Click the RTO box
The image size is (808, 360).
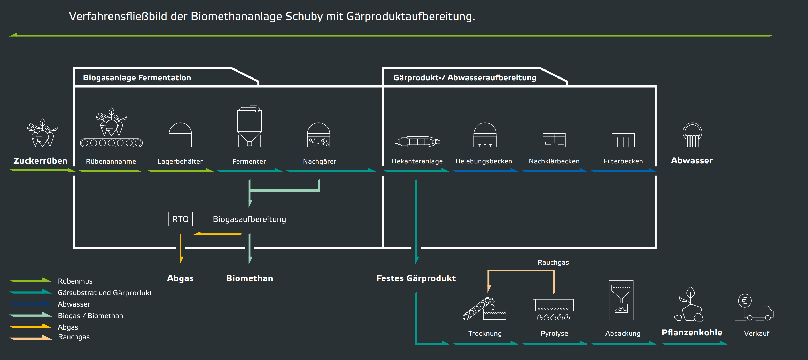click(180, 219)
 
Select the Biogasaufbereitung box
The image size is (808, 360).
click(249, 219)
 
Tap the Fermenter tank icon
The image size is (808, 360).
click(249, 126)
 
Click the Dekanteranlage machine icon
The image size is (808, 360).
click(416, 142)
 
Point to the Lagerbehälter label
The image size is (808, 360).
click(180, 161)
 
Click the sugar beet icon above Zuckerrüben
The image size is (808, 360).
click(42, 133)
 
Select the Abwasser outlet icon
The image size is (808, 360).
click(692, 135)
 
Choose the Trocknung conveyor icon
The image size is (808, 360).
click(484, 309)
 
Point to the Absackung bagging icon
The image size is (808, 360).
click(621, 300)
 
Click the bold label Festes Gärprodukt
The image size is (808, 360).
click(416, 278)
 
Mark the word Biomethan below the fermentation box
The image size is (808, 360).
click(249, 278)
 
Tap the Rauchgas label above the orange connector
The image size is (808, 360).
click(553, 262)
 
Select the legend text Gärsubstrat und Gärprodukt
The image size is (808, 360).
click(105, 293)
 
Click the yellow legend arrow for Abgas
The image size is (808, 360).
click(30, 326)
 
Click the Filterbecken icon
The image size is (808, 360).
click(623, 140)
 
